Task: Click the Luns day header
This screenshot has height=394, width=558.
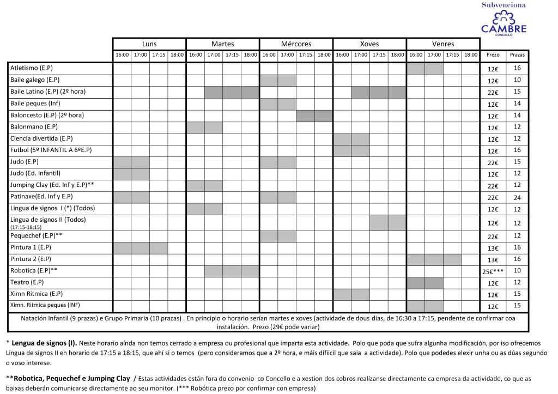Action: (149, 44)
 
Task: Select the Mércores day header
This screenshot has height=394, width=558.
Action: (296, 44)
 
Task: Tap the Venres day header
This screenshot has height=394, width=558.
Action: (442, 44)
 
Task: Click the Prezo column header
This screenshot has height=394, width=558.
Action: (493, 55)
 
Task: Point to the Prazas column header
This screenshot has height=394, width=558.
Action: (517, 55)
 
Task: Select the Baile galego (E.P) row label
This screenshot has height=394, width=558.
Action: (35, 80)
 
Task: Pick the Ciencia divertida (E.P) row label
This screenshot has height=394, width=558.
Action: (41, 138)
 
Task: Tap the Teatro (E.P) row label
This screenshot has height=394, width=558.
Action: (27, 282)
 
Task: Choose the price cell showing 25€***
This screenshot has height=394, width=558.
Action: (493, 271)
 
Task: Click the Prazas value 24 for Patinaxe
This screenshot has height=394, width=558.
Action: (517, 197)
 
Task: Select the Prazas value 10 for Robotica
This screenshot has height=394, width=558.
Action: (517, 270)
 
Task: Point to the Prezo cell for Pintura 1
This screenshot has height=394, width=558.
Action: (493, 248)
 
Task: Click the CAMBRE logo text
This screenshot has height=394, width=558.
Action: (504, 27)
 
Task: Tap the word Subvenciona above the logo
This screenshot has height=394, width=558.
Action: (504, 5)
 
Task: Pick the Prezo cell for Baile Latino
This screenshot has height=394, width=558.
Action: (493, 92)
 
